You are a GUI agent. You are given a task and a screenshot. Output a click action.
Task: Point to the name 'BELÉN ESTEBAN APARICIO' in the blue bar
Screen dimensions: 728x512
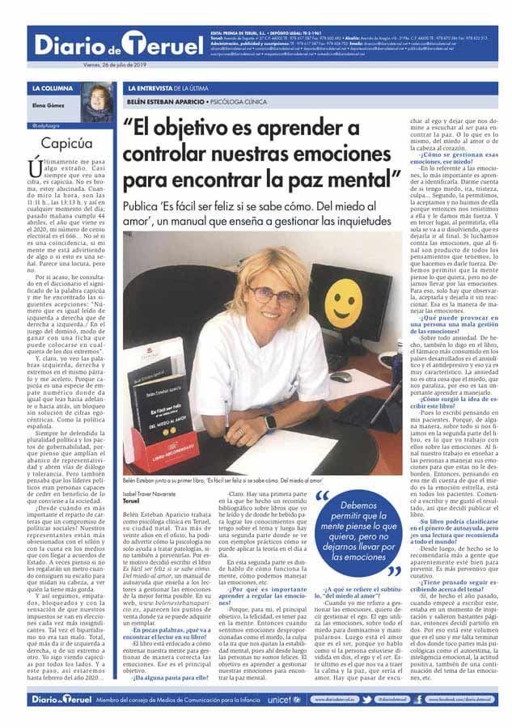pyautogui.click(x=165, y=102)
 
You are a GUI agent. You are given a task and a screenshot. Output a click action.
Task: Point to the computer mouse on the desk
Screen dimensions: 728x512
pyautogui.click(x=341, y=377)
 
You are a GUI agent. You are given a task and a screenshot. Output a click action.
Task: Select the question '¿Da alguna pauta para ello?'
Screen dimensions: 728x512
pyautogui.click(x=166, y=678)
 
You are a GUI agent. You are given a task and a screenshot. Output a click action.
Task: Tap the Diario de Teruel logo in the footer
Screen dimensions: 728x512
pyautogui.click(x=60, y=698)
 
